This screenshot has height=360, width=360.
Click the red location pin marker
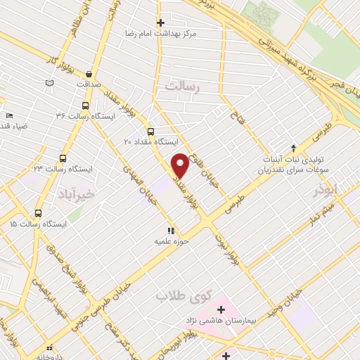180,165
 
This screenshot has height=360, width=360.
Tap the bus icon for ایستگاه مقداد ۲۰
150,131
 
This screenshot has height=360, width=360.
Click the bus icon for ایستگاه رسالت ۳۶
86,106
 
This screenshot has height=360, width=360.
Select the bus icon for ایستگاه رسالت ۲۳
63,159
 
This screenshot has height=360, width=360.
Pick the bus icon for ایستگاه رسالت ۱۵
37,213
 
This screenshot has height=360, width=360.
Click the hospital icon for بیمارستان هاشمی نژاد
220,309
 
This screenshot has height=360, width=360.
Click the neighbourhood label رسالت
183,86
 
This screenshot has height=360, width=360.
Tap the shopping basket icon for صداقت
89,73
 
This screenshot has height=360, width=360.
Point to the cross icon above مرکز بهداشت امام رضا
161,22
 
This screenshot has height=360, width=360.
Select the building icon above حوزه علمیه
169,231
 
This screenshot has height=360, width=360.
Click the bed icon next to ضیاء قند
8,115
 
